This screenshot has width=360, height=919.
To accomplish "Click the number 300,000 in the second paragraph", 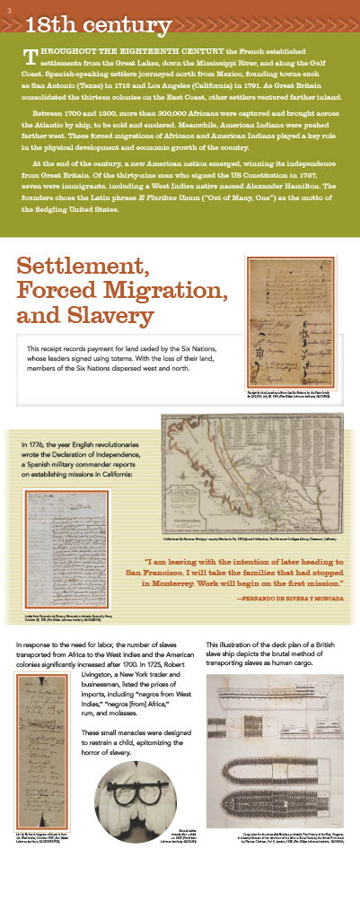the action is pyautogui.click(x=169, y=115).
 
